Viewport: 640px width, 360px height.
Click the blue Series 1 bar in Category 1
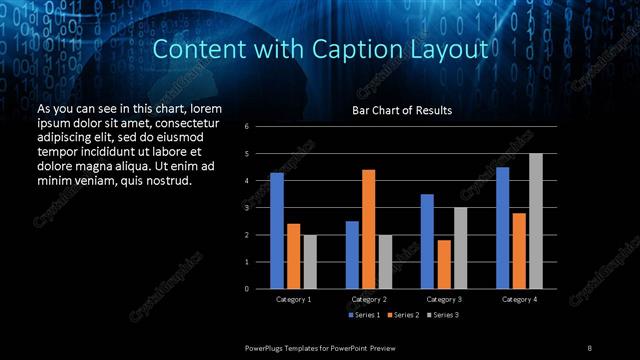277,230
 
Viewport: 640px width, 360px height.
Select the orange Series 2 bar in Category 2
369,229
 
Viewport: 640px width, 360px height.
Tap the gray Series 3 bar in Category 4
536,221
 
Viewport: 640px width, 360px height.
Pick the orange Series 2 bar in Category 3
444,264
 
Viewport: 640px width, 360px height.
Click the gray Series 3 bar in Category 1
310,261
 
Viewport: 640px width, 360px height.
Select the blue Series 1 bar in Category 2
352,255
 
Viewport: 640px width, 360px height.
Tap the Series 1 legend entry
364,315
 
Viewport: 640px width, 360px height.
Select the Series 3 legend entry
445,315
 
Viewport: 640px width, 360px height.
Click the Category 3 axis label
444,299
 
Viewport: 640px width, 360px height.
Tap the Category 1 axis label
294,299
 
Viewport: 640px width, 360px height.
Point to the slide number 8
590,346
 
